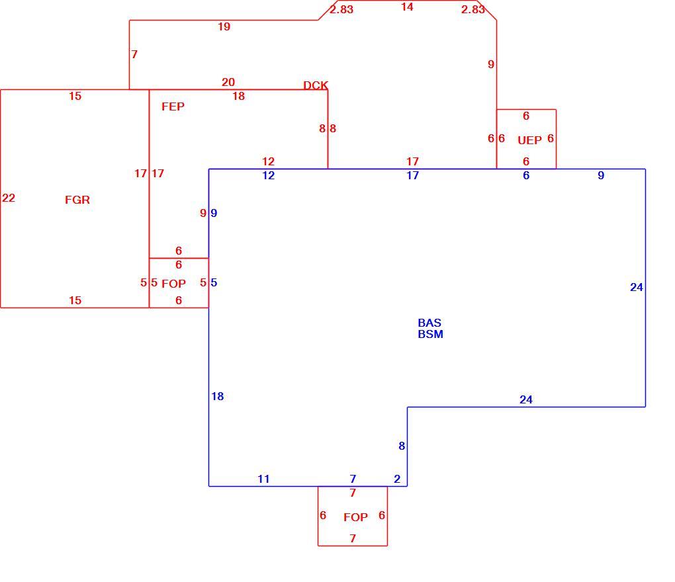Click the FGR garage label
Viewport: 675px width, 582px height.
[77, 200]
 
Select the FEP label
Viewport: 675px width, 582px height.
[173, 106]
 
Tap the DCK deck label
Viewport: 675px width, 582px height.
[316, 85]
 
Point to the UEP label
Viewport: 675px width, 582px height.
[529, 140]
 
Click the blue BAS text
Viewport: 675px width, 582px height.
[429, 323]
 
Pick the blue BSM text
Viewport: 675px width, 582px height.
[431, 334]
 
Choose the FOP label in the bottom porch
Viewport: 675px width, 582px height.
[355, 517]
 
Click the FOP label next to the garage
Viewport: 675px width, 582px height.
[173, 284]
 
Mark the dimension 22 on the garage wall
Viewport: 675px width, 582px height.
[9, 198]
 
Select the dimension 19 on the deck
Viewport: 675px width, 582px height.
[224, 26]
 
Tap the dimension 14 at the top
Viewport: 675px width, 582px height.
[407, 7]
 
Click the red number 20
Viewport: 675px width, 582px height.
[228, 82]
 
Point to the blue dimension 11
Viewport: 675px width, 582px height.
[263, 479]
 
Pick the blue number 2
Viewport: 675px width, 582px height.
[397, 479]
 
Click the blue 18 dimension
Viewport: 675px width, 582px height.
[218, 396]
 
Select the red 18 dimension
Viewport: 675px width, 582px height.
[238, 96]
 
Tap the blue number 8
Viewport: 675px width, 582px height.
[402, 446]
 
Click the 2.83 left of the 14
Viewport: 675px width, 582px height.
[341, 9]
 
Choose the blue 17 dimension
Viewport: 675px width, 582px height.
[412, 175]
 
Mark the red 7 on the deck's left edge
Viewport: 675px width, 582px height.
[134, 54]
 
